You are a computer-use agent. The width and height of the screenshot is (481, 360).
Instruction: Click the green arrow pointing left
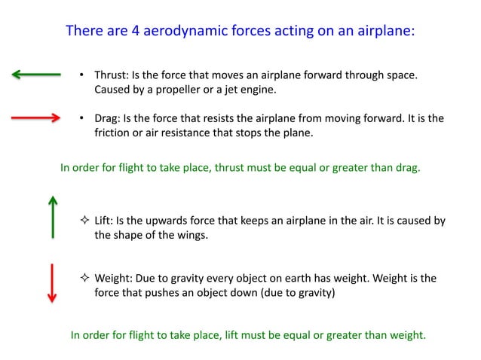[x=36, y=74]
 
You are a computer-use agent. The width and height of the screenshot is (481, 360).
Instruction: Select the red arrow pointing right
[x=36, y=117]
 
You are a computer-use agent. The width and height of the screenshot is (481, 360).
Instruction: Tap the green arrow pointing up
[x=52, y=217]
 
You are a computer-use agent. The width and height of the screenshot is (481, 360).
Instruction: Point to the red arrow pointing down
[x=52, y=283]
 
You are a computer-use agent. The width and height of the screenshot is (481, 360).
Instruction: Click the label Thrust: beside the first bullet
[x=112, y=76]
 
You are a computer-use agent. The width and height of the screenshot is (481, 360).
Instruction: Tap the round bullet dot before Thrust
[x=82, y=76]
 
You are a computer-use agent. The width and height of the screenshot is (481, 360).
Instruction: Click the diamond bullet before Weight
[x=84, y=278]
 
